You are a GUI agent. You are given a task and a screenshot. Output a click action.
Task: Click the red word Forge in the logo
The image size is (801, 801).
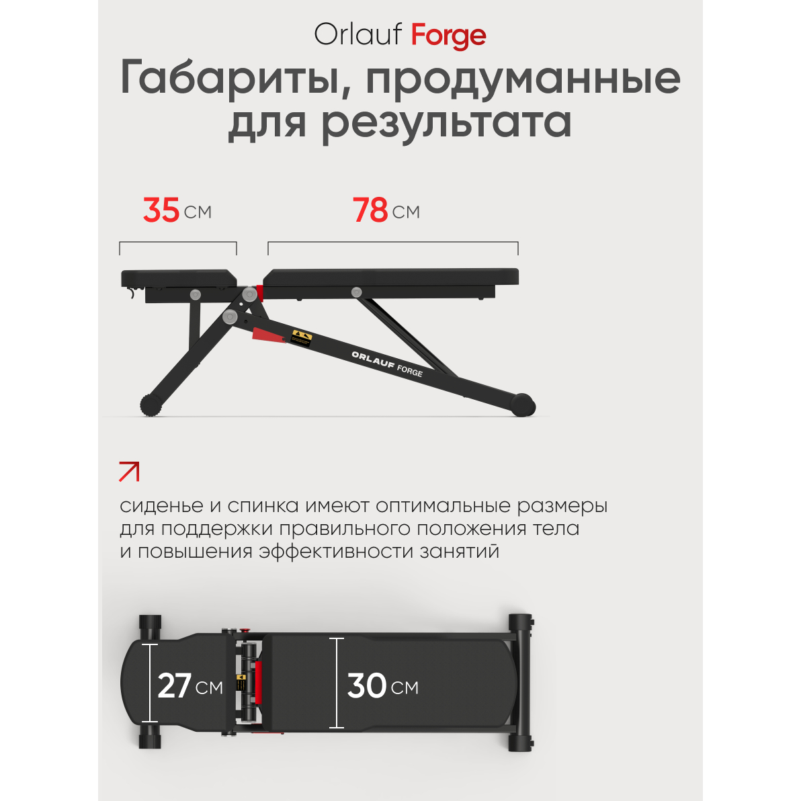[448, 36]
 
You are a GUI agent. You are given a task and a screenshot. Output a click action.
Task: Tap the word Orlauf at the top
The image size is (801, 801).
[358, 34]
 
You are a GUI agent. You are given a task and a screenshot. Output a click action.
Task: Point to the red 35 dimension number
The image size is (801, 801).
[161, 210]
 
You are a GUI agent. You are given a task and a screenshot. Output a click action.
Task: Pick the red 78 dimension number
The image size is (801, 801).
[370, 210]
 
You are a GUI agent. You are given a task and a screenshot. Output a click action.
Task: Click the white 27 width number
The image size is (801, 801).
[174, 685]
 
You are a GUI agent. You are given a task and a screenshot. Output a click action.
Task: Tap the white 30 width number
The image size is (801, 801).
[367, 685]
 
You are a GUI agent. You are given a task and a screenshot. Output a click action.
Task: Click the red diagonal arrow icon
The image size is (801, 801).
[129, 472]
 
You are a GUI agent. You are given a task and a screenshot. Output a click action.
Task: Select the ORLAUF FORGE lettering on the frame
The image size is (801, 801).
[387, 364]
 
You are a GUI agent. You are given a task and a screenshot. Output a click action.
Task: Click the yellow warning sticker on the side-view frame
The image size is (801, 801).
[302, 337]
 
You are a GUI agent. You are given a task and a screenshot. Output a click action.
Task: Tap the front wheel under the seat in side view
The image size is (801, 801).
[151, 405]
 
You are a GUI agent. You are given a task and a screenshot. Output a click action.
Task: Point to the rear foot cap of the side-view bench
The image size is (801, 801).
[523, 405]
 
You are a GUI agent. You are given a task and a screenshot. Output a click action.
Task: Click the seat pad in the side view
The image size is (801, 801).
[179, 278]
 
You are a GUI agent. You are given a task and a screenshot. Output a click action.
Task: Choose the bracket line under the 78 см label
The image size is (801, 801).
[393, 243]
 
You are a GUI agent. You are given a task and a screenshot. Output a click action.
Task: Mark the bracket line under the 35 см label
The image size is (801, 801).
[178, 243]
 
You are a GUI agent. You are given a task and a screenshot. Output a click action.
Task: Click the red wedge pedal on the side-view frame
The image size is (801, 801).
[268, 335]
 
